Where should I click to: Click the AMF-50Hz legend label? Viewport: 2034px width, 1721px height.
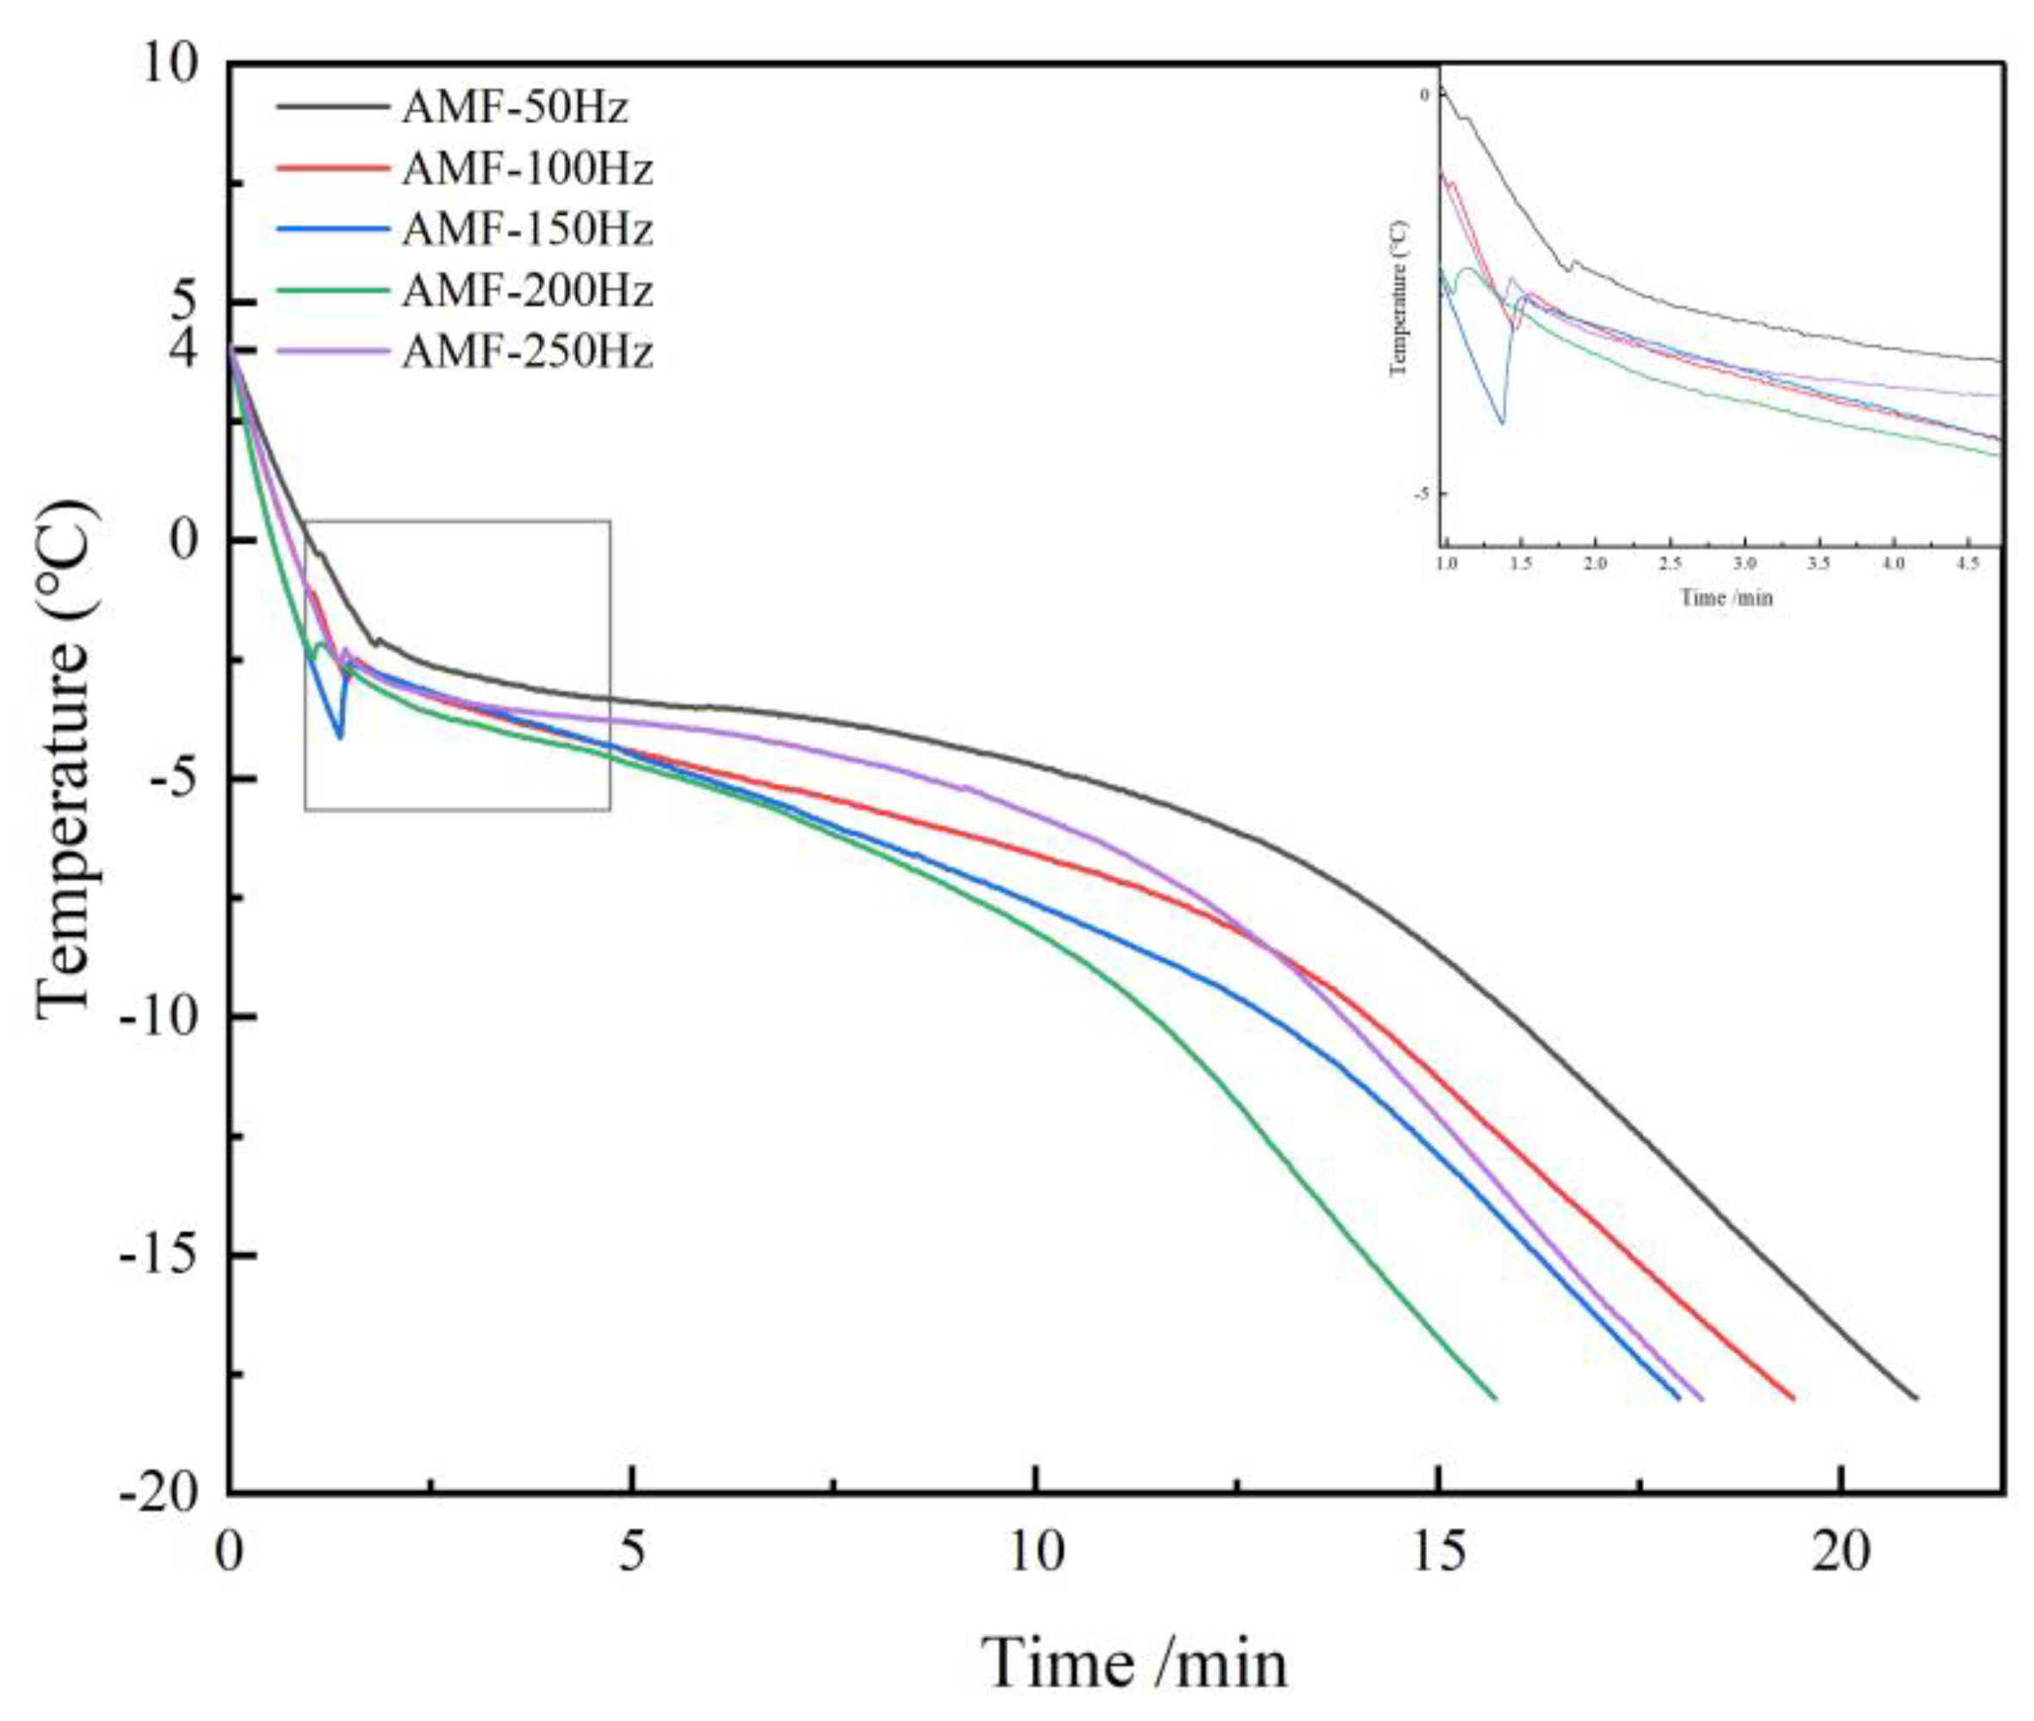click(514, 108)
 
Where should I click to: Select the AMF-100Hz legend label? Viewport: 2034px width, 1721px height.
click(527, 169)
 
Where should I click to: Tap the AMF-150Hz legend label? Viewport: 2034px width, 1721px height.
click(527, 229)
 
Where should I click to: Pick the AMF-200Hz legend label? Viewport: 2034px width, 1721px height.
click(527, 291)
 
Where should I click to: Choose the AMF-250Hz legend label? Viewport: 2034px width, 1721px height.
click(527, 351)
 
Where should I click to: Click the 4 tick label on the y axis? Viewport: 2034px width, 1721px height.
click(183, 348)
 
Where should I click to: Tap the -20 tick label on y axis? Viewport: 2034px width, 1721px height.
click(159, 1493)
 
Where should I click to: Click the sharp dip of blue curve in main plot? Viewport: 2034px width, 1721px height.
click(339, 736)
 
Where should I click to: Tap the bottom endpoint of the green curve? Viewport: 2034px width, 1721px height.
click(1496, 1398)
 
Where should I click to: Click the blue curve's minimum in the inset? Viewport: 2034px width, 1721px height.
click(1503, 422)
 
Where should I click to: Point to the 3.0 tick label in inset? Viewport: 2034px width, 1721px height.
click(1745, 565)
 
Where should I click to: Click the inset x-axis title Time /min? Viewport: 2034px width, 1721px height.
click(1725, 598)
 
